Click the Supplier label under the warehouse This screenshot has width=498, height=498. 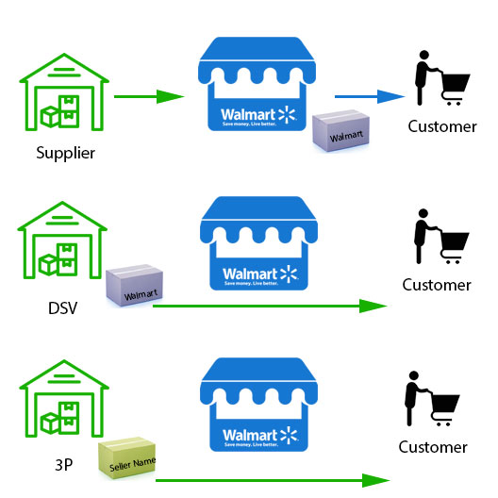[65, 152]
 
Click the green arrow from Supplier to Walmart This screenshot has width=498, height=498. [148, 96]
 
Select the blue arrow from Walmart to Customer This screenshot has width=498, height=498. [369, 96]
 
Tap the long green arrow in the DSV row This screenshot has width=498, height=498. [269, 306]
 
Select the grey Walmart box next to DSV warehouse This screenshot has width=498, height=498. [134, 287]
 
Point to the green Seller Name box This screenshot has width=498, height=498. [129, 456]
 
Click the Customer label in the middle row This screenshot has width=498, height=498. [437, 285]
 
